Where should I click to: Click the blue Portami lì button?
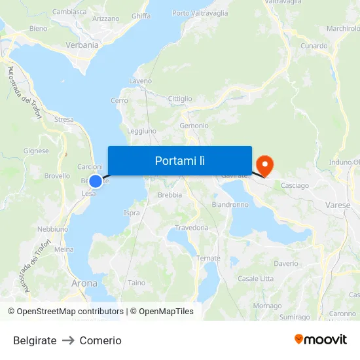[179, 160]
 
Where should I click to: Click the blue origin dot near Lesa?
[96, 181]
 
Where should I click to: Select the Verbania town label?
[82, 45]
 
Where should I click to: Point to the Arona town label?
[84, 283]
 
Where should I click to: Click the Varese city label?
[337, 205]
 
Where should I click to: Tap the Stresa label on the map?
[64, 120]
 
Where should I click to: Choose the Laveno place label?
[141, 81]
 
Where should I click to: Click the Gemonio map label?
[194, 126]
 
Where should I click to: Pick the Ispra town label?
[132, 213]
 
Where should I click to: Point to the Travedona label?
[191, 228]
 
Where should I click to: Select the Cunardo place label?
[314, 46]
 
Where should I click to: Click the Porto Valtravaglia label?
[200, 13]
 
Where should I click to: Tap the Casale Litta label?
[256, 279]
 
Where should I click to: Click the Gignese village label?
[36, 151]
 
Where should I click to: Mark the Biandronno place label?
[230, 204]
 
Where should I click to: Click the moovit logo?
[321, 339]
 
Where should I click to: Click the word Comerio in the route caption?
[100, 340]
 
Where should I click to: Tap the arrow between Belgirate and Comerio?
[68, 340]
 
